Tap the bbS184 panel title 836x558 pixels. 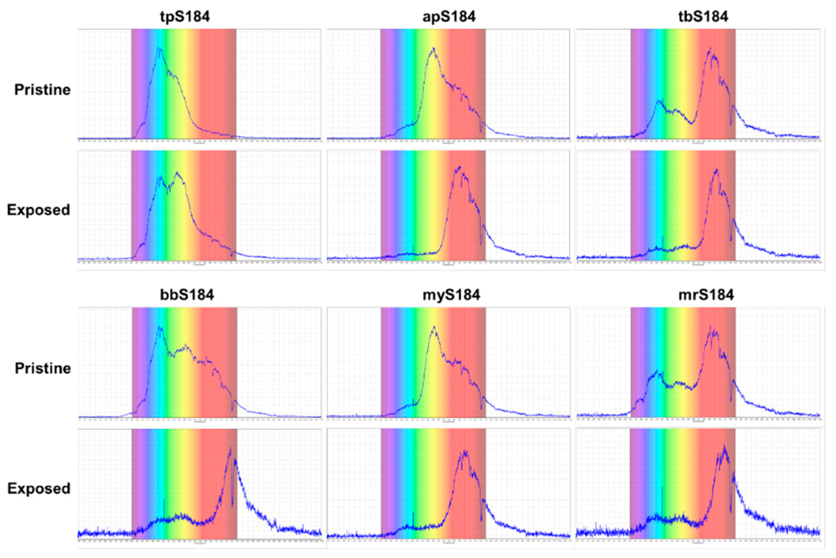pos(187,295)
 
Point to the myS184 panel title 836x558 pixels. pos(451,295)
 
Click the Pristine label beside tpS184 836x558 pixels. pos(42,90)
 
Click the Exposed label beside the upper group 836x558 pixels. pos(38,210)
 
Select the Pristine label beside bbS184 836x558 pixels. pos(43,368)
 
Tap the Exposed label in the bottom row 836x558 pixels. pos(39,488)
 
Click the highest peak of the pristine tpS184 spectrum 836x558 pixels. pos(159,48)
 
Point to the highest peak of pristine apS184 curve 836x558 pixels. pos(433,48)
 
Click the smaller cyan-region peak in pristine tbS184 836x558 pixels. pos(658,101)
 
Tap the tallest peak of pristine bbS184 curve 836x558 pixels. pos(160,327)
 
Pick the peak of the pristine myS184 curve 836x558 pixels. pos(434,327)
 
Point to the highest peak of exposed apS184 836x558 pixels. pos(460,167)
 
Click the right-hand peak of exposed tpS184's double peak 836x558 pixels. pos(177,173)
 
